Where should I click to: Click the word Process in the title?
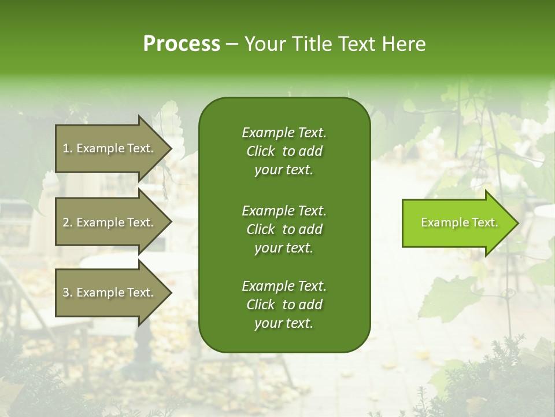coord(182,44)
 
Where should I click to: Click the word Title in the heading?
coord(311,44)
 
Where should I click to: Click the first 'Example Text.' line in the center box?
coord(284,133)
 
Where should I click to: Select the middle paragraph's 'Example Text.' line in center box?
coord(284,210)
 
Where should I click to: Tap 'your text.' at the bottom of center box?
coord(284,324)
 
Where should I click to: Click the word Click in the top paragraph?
coord(260,151)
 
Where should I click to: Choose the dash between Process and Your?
coord(232,44)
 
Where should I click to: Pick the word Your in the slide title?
coord(265,44)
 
